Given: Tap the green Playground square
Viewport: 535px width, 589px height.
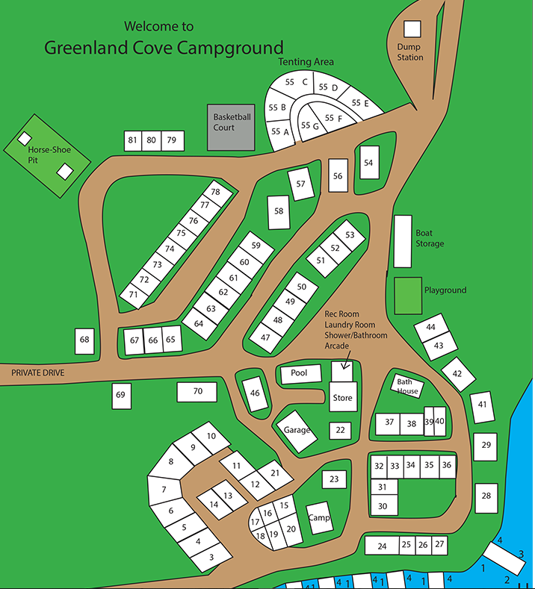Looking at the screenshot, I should point(408,296).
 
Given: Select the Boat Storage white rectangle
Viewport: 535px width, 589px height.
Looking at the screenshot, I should point(403,241).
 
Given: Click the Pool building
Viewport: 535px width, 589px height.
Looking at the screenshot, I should point(299,373).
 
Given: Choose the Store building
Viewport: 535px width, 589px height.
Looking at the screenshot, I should point(342,397).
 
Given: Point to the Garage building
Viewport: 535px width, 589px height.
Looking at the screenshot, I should point(297,431).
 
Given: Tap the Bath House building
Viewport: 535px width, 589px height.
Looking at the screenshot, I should point(408,387).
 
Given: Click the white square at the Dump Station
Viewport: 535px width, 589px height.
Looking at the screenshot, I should point(412,28).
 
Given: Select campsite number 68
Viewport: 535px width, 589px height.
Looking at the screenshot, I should point(84,340).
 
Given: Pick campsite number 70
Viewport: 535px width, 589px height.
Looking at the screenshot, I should point(198,391).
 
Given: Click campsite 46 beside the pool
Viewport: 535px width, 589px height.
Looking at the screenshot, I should point(256,393).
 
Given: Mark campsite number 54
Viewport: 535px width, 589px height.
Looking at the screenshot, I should point(368,162).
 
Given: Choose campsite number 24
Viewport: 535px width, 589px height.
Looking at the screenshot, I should point(383,546).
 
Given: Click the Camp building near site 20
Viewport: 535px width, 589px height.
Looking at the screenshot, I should point(320,517).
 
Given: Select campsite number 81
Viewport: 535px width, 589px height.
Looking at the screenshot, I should point(133,140).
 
